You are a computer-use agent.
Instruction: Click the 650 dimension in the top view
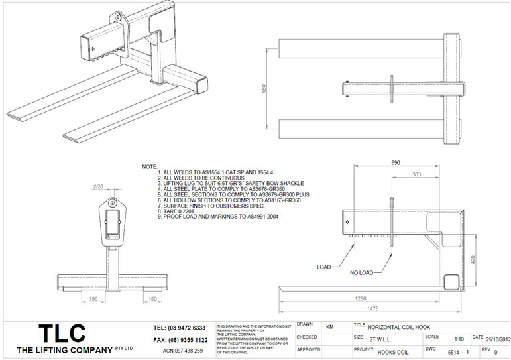click(265, 88)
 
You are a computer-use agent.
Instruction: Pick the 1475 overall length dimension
click(374, 308)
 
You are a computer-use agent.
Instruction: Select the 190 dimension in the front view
click(93, 299)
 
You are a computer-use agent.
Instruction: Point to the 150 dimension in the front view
click(152, 299)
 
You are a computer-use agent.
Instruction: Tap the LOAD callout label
click(324, 267)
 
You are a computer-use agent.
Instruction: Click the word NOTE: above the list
click(150, 166)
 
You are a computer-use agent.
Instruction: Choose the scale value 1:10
click(459, 338)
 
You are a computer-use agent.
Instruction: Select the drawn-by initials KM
click(330, 326)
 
